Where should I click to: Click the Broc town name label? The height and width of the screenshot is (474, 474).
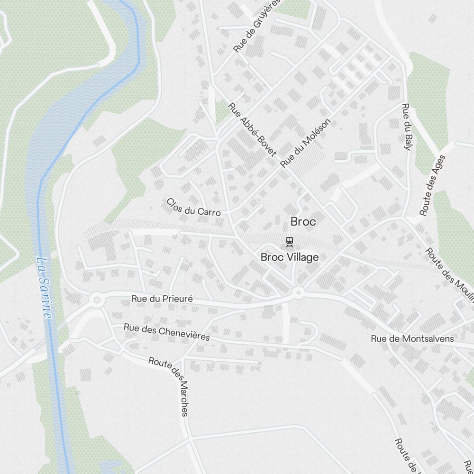(x=303, y=221)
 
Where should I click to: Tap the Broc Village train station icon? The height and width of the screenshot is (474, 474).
(x=290, y=242)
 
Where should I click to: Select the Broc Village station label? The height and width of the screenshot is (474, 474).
(x=290, y=257)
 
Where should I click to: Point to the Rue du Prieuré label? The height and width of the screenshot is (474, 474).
(x=162, y=299)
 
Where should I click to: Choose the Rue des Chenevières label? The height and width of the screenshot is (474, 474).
(x=166, y=332)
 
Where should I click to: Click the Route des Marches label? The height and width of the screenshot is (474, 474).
(x=171, y=385)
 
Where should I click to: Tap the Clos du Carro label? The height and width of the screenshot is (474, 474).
(x=193, y=207)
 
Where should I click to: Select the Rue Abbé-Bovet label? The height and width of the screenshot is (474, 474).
(x=252, y=129)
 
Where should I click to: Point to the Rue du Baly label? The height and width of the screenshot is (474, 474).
(x=406, y=127)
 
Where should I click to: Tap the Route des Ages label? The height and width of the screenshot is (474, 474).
(x=432, y=185)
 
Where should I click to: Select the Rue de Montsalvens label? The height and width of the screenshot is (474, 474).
(x=412, y=338)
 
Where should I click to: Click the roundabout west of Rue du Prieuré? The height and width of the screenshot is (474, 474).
(x=97, y=300)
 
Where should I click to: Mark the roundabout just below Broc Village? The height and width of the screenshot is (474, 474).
(x=298, y=292)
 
